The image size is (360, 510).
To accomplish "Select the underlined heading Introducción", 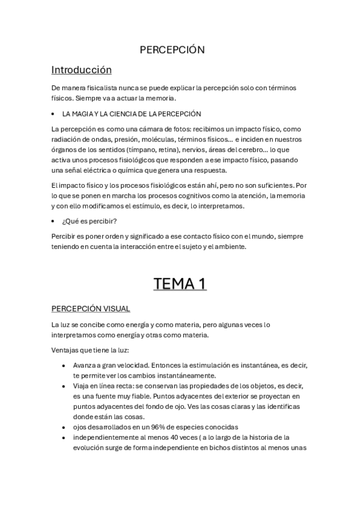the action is pyautogui.click(x=82, y=69).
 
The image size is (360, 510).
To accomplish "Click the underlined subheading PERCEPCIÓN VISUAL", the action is pyautogui.click(x=91, y=309).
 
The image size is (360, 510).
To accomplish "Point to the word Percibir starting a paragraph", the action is pyautogui.click(x=65, y=235).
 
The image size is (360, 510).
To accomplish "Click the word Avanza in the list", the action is pyautogui.click(x=85, y=365).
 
